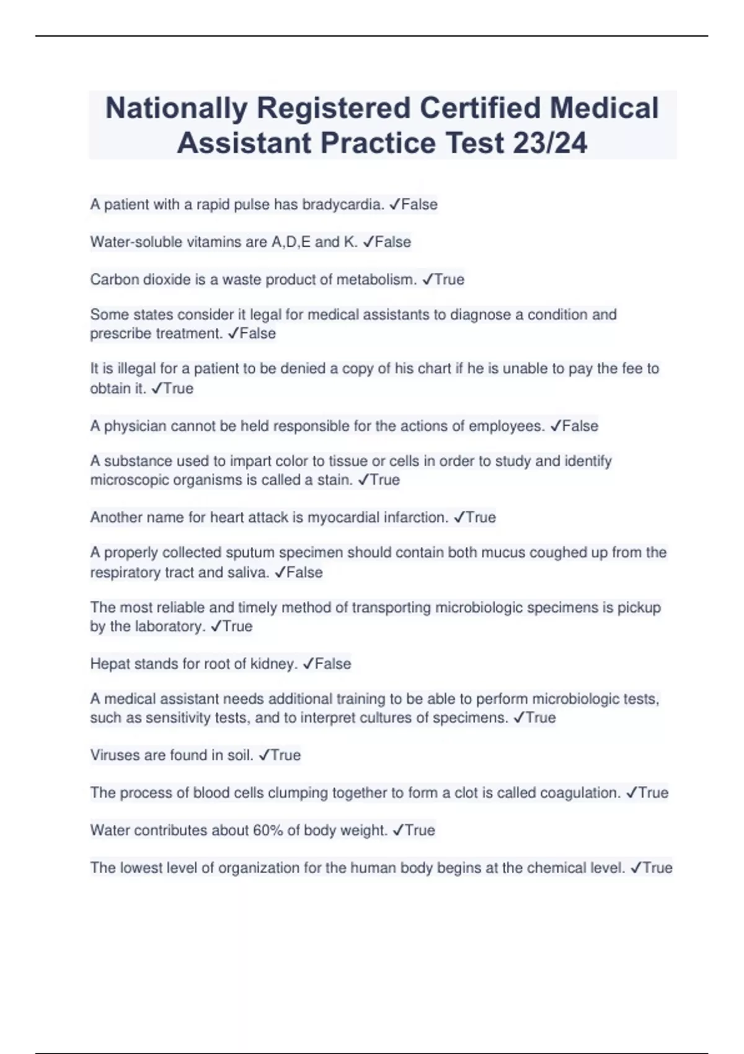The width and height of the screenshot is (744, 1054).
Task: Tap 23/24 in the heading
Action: pyautogui.click(x=550, y=143)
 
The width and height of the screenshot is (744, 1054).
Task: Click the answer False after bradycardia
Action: pyautogui.click(x=419, y=205)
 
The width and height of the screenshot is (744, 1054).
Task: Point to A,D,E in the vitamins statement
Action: pyautogui.click(x=291, y=242)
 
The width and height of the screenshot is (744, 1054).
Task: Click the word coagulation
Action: pyautogui.click(x=580, y=793)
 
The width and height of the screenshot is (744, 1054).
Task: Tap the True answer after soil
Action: pyautogui.click(x=285, y=755)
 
